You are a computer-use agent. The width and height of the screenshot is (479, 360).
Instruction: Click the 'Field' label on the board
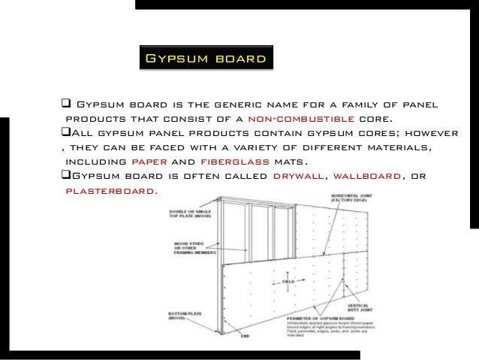[x=288, y=282]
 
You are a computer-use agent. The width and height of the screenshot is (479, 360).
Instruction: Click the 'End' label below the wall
[x=245, y=335]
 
